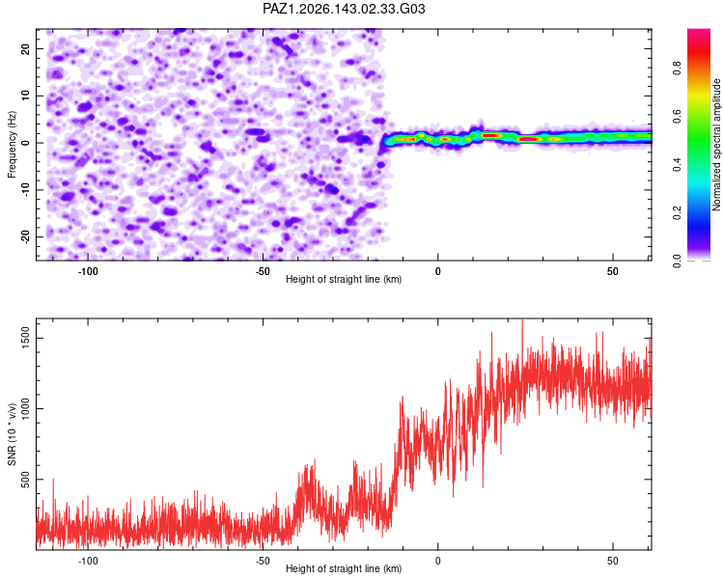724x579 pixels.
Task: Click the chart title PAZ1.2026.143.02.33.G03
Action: coord(344,9)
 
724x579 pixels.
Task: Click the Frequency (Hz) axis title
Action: coord(12,145)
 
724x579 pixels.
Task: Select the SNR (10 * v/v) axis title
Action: coord(12,434)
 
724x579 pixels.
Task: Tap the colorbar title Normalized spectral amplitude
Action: coord(716,145)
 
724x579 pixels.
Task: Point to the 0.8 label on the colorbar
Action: coord(677,68)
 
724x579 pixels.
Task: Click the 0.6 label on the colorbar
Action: coord(677,117)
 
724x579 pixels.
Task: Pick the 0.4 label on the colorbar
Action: coord(677,164)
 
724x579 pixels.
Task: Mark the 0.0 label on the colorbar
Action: coord(677,261)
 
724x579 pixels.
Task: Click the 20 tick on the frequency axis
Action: coord(26,48)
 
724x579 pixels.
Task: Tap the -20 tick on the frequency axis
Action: coord(26,237)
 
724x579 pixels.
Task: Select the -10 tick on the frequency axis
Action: coord(26,190)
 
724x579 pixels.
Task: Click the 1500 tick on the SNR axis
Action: coord(26,338)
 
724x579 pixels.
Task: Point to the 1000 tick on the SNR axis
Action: coord(26,408)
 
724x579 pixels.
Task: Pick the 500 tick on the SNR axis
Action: coord(26,480)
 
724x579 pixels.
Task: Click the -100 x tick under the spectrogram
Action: coord(87,271)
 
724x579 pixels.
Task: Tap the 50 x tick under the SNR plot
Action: coord(613,561)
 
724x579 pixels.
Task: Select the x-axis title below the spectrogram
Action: coord(344,279)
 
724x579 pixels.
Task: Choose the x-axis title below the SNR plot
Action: coord(344,568)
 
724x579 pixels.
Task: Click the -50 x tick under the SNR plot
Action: coord(263,561)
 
